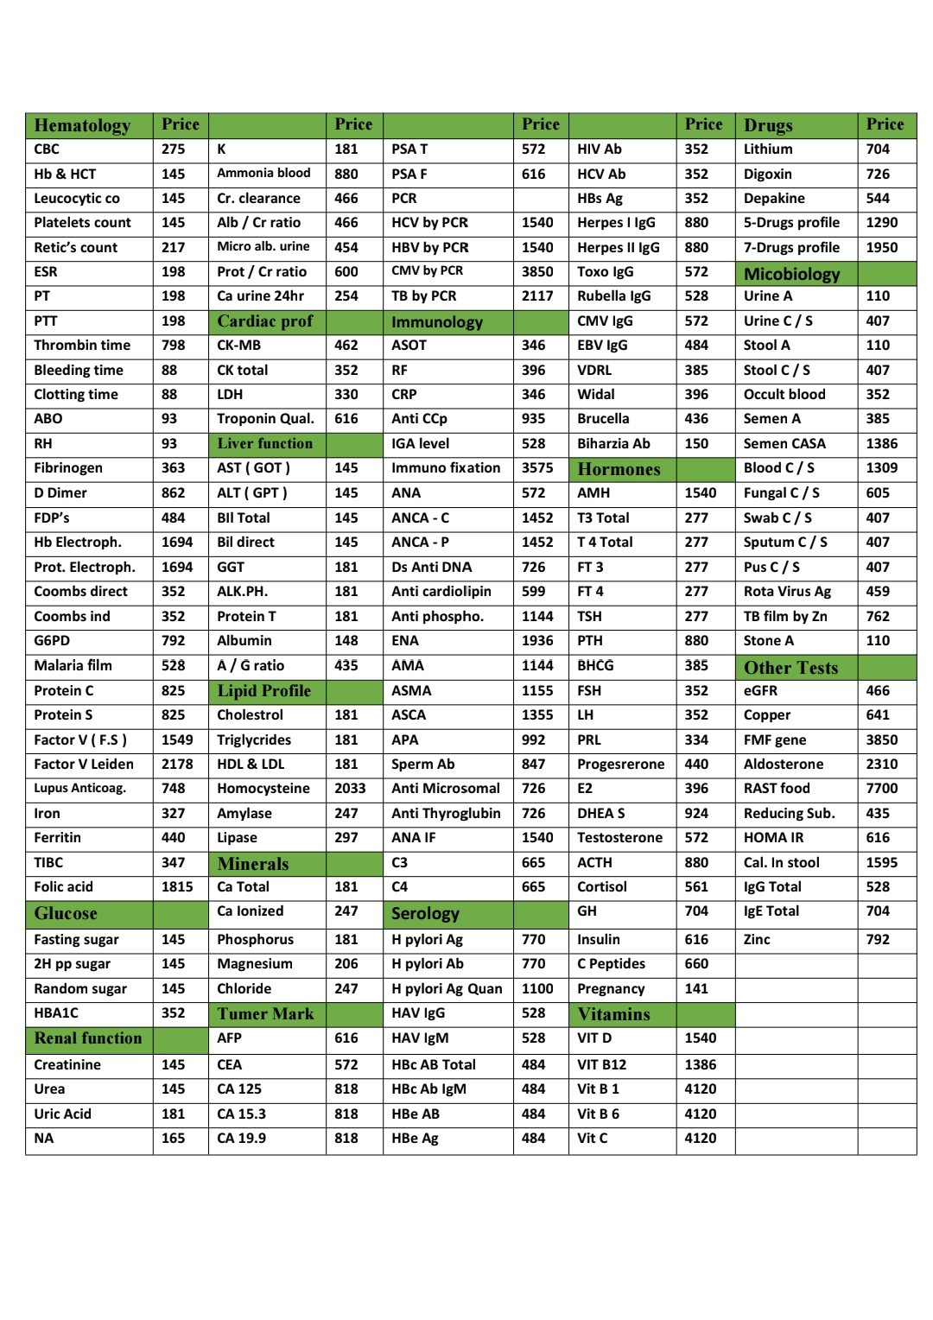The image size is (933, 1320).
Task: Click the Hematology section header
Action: pyautogui.click(x=82, y=126)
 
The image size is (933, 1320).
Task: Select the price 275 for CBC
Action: pyautogui.click(x=173, y=149)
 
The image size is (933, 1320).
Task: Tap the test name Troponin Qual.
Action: pyautogui.click(x=265, y=419)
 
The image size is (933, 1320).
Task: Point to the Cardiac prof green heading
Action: pyautogui.click(x=265, y=321)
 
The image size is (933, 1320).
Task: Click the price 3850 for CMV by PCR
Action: pyautogui.click(x=537, y=271)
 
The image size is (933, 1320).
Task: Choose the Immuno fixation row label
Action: pyautogui.click(x=446, y=468)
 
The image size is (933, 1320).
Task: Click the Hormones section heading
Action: pyautogui.click(x=619, y=469)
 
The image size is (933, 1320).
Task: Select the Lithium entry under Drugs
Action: pyautogui.click(x=768, y=149)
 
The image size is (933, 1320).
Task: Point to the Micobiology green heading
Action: pyautogui.click(x=792, y=275)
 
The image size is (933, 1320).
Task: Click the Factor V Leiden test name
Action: pyautogui.click(x=84, y=765)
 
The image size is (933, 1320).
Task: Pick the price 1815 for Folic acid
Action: pyautogui.click(x=177, y=887)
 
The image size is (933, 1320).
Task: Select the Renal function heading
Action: pyautogui.click(x=88, y=1038)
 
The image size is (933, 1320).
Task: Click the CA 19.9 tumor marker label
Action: pyautogui.click(x=242, y=1139)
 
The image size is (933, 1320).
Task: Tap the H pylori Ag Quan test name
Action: pyautogui.click(x=447, y=989)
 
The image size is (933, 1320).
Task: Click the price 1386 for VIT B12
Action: pyautogui.click(x=701, y=1065)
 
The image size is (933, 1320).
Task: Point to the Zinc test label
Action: pyautogui.click(x=757, y=940)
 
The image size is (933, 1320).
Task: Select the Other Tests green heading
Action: pyautogui.click(x=791, y=668)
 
